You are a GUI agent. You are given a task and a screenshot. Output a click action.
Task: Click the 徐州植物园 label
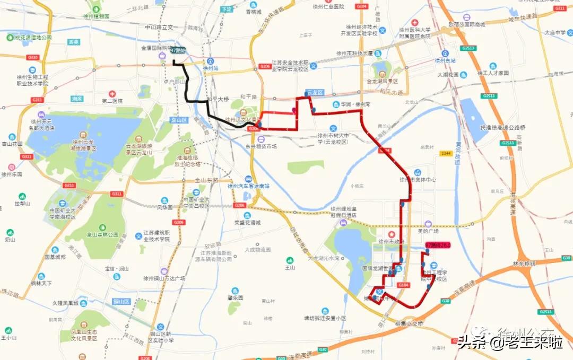coord(96,16)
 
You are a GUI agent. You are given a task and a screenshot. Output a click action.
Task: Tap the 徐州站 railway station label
coord(211,68)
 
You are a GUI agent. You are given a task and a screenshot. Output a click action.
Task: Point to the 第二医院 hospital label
coord(112,101)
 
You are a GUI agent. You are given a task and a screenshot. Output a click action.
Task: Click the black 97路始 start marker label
coord(178,50)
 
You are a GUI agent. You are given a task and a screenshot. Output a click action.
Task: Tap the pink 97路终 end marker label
coord(438,245)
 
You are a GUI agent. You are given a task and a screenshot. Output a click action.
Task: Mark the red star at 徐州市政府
coord(392,234)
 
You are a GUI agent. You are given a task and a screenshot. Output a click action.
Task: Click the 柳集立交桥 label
coord(410,323)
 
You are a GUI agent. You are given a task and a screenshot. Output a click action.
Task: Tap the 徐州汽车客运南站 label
coord(248,186)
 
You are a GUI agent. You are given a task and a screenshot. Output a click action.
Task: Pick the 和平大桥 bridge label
coord(218,99)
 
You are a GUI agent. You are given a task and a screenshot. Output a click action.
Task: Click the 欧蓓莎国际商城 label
coord(467,24)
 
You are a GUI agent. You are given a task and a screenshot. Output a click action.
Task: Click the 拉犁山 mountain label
coord(22,203)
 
